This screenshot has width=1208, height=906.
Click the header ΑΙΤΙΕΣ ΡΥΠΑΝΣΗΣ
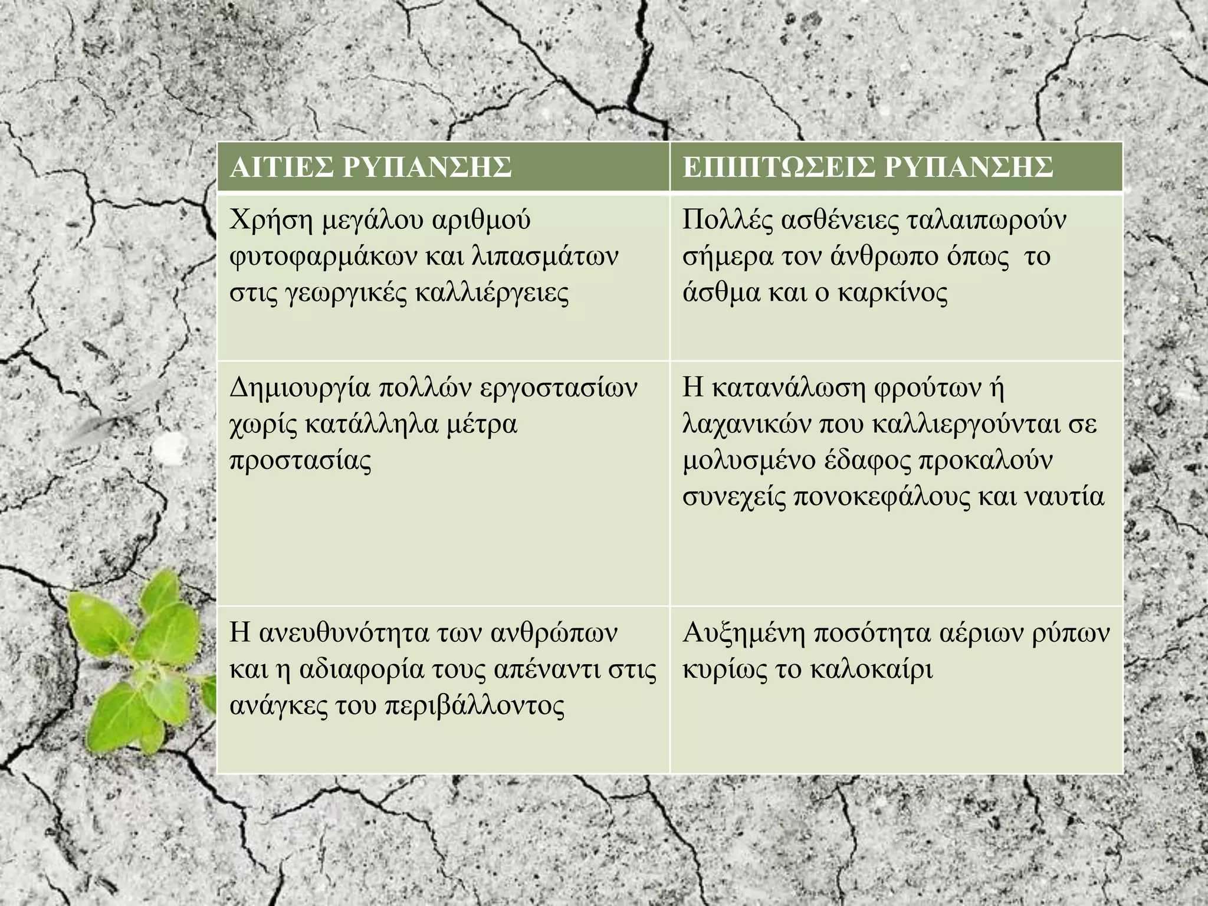pyautogui.click(x=370, y=167)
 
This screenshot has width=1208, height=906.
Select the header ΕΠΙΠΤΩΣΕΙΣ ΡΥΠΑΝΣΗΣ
pyautogui.click(x=868, y=167)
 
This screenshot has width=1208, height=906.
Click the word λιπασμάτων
pyautogui.click(x=546, y=257)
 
